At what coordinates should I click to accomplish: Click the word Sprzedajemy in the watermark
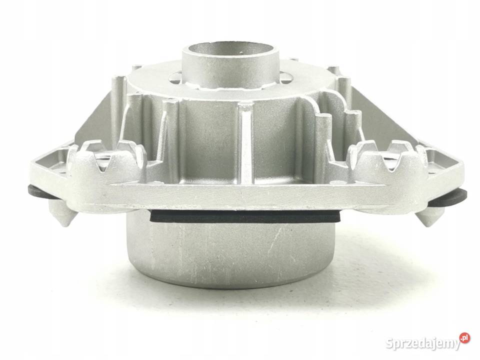tap(423, 344)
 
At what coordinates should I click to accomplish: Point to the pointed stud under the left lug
tap(63, 216)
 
